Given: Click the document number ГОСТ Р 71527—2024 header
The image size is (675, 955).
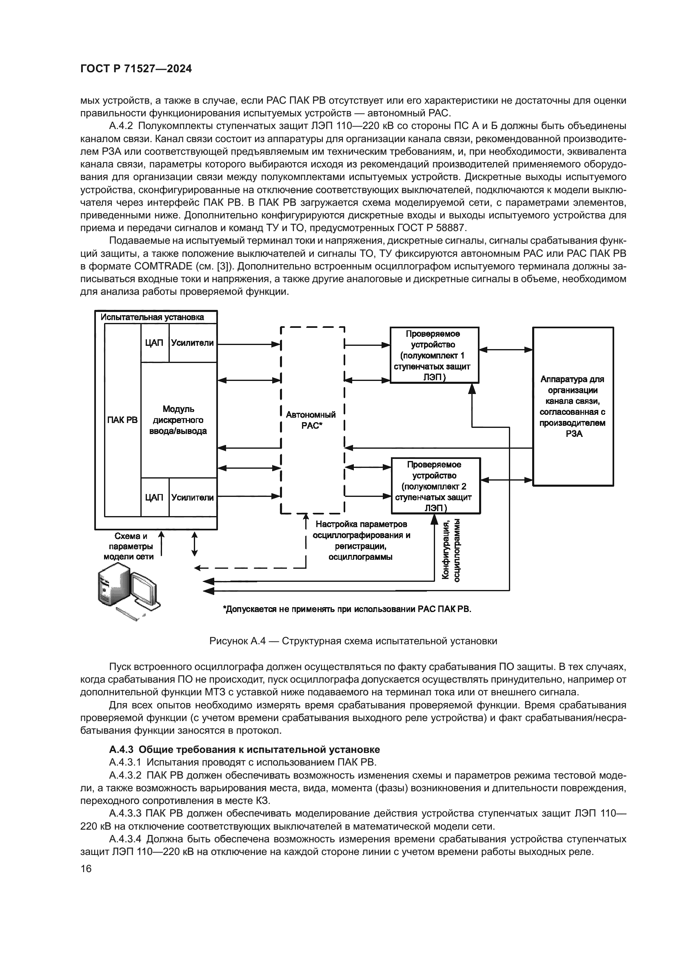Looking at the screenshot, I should (x=136, y=69).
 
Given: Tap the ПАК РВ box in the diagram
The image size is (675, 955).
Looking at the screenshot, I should (x=122, y=420).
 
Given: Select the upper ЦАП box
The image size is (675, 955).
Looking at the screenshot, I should (x=154, y=343).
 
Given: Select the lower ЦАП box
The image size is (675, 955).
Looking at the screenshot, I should (x=154, y=497).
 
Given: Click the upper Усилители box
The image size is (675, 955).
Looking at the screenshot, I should (x=193, y=343).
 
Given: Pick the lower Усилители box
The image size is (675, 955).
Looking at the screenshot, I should (x=193, y=497).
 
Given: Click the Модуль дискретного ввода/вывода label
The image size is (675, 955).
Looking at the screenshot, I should (x=178, y=420).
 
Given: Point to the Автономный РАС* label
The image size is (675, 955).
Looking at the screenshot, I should (x=311, y=420).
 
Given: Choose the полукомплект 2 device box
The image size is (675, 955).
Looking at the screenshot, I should (x=435, y=486).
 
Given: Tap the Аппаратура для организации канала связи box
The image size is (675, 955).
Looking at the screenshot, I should (x=573, y=406).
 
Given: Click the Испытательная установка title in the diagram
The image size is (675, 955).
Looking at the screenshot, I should (x=153, y=317).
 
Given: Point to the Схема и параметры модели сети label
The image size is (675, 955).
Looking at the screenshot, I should (x=129, y=546).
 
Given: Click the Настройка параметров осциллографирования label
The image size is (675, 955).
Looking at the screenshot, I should (x=361, y=540).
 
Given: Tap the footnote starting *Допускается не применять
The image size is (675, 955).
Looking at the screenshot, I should (x=347, y=609).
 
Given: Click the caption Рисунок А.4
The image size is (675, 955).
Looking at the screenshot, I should (x=353, y=641).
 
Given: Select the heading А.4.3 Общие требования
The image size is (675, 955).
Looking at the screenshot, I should (x=244, y=750).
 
